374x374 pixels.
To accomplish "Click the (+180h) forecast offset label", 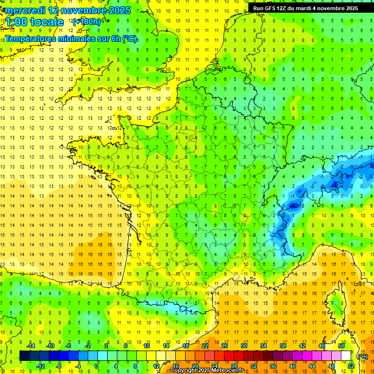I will [x=87, y=22].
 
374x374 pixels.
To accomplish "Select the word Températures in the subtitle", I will [x=31, y=38].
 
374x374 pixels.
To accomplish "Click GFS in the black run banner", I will [x=273, y=8].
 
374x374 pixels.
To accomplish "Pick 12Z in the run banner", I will [x=286, y=8].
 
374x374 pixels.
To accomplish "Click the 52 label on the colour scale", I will [x=351, y=366].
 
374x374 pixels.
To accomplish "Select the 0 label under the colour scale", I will [x=96, y=366].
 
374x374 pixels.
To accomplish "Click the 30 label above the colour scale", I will [x=244, y=346].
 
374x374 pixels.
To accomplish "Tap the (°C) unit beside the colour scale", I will [x=362, y=356].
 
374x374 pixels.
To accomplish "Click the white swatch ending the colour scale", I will [x=346, y=356].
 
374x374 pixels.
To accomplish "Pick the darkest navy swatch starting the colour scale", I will [x=24, y=356].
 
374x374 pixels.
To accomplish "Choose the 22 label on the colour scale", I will [x=205, y=346].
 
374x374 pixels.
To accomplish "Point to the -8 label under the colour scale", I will [x=59, y=366].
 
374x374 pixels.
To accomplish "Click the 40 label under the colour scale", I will [x=293, y=366].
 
